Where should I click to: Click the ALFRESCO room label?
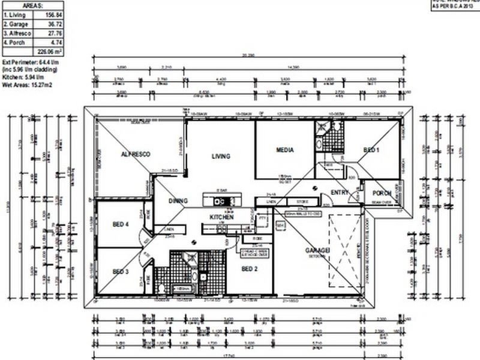(x=136, y=154)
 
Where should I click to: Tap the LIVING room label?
(x=221, y=156)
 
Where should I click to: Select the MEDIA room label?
(x=284, y=150)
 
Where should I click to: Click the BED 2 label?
(x=250, y=269)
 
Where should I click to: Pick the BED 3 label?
(x=121, y=272)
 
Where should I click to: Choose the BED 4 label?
(x=121, y=224)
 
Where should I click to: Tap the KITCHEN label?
(x=221, y=217)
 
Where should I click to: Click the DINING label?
(x=178, y=201)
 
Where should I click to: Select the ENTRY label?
(x=340, y=192)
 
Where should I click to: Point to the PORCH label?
(x=382, y=193)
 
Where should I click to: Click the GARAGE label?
(x=317, y=250)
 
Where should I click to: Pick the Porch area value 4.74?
(x=53, y=44)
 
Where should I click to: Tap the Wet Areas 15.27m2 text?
(x=28, y=85)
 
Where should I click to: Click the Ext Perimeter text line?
(x=30, y=62)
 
